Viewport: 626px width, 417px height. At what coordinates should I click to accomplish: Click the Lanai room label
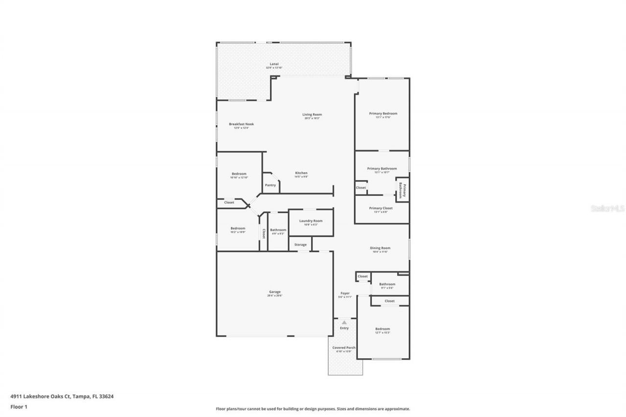click(x=274, y=64)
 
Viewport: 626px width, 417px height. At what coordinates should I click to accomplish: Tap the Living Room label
click(x=312, y=115)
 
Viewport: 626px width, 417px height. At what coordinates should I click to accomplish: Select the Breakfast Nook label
click(x=242, y=124)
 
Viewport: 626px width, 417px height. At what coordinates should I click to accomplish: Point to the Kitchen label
click(x=301, y=174)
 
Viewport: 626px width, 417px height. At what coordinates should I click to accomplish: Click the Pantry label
click(x=270, y=185)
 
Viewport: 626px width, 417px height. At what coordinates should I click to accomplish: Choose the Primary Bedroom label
click(x=383, y=114)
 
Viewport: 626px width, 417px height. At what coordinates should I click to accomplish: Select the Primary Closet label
click(x=380, y=208)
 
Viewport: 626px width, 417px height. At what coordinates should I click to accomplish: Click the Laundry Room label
click(x=311, y=221)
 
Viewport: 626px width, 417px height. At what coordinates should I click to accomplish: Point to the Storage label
click(x=300, y=244)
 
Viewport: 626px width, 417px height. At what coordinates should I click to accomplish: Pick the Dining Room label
click(x=380, y=248)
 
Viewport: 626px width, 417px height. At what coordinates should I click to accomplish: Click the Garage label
click(x=274, y=292)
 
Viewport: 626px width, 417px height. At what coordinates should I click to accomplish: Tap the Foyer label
click(x=345, y=293)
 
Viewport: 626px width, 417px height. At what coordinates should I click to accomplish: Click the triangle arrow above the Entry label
click(x=344, y=322)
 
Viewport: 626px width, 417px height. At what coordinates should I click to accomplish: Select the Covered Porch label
click(x=344, y=348)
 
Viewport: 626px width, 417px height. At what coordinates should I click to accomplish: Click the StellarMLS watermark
click(x=607, y=208)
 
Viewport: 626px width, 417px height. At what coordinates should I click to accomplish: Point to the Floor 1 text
click(x=19, y=406)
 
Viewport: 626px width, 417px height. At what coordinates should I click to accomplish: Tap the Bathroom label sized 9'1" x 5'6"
click(x=387, y=285)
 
